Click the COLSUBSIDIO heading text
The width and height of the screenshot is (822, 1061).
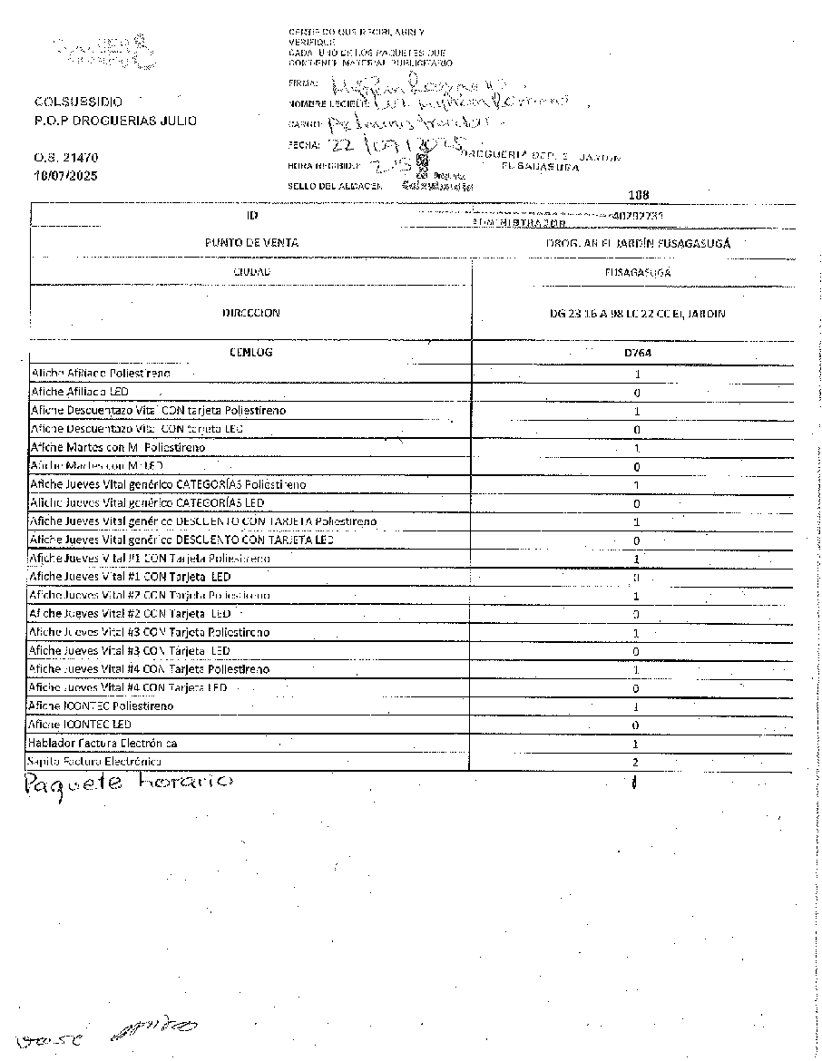pyautogui.click(x=77, y=102)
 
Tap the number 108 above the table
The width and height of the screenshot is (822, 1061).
pyautogui.click(x=638, y=194)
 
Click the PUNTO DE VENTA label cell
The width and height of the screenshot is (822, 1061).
pyautogui.click(x=251, y=243)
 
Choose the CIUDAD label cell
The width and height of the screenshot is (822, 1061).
pyautogui.click(x=251, y=271)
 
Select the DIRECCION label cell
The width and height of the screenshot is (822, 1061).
pyautogui.click(x=251, y=313)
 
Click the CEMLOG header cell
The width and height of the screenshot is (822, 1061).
pyautogui.click(x=251, y=352)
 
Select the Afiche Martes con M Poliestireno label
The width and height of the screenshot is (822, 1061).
pyautogui.click(x=118, y=447)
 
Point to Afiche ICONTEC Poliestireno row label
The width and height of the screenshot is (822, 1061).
pyautogui.click(x=102, y=706)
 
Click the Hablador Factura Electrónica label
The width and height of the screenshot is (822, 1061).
pyautogui.click(x=103, y=743)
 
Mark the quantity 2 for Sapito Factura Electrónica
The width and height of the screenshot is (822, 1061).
pyautogui.click(x=637, y=763)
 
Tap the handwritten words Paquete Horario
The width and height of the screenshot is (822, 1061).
pyautogui.click(x=129, y=783)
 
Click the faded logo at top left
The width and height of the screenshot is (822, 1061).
pyautogui.click(x=102, y=53)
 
